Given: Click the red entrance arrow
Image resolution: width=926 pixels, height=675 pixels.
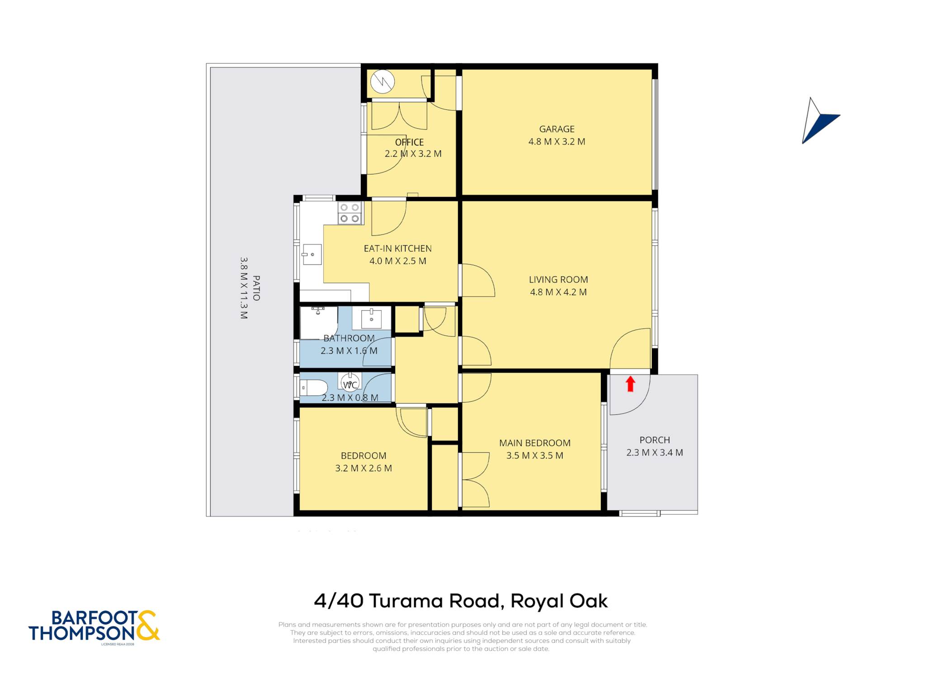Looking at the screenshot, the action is point(630,384).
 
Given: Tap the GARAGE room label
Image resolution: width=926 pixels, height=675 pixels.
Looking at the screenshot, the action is point(557,129).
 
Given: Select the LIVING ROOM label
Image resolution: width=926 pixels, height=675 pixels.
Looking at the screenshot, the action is point(558,280).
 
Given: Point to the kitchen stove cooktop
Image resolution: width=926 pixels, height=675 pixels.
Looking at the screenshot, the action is point(350,213).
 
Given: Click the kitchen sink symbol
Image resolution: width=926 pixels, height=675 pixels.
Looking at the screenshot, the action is point(312,255).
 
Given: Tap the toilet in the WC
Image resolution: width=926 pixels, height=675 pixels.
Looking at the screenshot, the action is point(314,388).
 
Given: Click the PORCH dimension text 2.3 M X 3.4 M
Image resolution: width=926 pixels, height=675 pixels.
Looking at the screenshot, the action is point(654,453).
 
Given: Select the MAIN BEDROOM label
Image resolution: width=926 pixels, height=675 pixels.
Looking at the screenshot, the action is point(535,443).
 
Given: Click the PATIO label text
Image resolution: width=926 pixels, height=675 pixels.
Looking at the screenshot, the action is point(256,288).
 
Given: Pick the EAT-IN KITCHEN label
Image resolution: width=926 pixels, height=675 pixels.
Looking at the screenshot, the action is point(397,248).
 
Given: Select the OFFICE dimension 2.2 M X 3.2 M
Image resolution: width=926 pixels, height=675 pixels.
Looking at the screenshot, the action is point(413,154).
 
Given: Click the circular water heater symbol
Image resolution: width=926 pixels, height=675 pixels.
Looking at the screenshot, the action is point(383,82).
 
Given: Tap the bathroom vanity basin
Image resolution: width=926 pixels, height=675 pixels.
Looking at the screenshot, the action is point(371,318).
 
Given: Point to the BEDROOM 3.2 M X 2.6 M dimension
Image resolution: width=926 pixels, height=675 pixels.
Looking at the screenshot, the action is point(363,469).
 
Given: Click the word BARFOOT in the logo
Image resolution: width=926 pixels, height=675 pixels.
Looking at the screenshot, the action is point(94,618).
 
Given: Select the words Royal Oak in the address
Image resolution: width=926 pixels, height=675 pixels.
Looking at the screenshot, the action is point(559,601).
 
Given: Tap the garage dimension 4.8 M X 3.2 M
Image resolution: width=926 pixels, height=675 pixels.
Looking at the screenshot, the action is point(557,142).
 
